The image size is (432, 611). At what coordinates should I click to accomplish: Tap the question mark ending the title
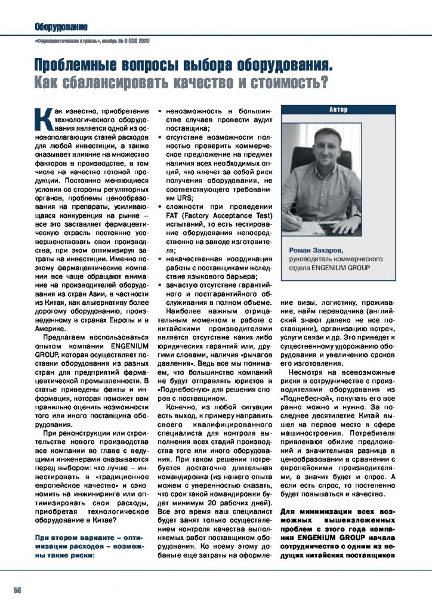tap(323, 80)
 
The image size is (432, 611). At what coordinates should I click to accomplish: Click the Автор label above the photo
tap(338, 110)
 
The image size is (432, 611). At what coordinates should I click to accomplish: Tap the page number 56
tap(17, 590)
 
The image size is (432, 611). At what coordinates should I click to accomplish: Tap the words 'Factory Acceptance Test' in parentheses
tap(227, 215)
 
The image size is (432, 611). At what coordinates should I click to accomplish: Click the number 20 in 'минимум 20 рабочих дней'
tap(212, 492)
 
